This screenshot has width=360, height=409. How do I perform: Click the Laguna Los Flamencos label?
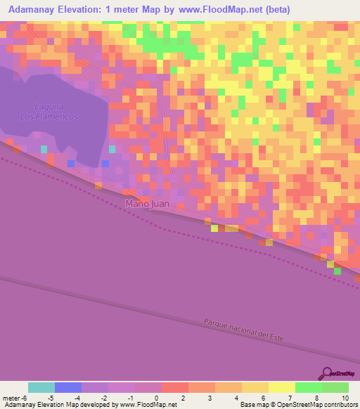[48, 111]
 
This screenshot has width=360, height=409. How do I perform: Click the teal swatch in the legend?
[41, 387]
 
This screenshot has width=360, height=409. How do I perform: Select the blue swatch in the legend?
[68, 387]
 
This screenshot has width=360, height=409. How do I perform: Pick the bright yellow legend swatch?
[282, 387]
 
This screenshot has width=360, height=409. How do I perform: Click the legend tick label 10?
[344, 398]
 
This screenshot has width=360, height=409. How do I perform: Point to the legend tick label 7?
[290, 398]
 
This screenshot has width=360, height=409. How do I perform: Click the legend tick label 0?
[156, 398]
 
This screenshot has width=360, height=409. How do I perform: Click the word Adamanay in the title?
[32, 9]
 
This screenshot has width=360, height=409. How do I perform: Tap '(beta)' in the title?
[274, 9]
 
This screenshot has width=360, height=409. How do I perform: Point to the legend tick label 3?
[210, 398]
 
